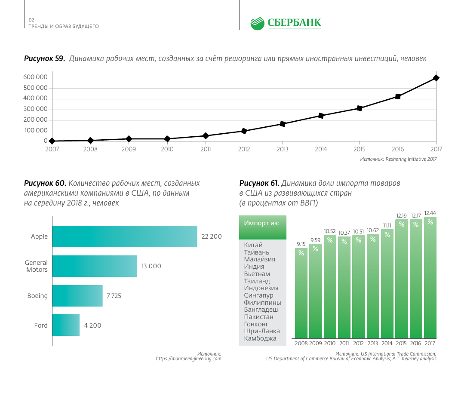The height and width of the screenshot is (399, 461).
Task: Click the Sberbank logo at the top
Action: coord(286,23)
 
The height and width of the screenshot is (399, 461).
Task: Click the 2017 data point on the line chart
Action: coord(436,78)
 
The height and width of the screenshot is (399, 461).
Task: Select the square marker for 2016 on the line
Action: coord(398,96)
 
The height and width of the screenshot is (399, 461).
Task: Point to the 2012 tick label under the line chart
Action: coord(244,149)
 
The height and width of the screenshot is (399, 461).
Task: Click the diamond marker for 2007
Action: coord(52,141)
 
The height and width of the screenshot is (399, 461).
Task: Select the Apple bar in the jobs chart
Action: coord(125,236)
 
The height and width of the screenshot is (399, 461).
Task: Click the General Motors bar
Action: coord(95,266)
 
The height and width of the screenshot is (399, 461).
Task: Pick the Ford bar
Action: coord(66,325)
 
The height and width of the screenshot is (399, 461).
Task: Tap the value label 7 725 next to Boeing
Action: coord(114,296)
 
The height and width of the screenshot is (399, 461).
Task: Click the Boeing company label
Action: coord(37,296)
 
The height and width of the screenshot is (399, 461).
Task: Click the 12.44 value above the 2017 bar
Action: coord(430,213)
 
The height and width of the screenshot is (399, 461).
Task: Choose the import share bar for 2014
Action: coord(387,284)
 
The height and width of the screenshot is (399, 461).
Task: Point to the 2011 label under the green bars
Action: coord(344,344)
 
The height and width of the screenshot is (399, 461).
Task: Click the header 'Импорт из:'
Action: coord(262,223)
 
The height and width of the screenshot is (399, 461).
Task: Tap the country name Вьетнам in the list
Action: coord(257,274)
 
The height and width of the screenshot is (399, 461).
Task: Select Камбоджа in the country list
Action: coord(260,338)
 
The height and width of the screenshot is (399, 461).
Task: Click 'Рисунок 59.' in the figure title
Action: coord(44,58)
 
